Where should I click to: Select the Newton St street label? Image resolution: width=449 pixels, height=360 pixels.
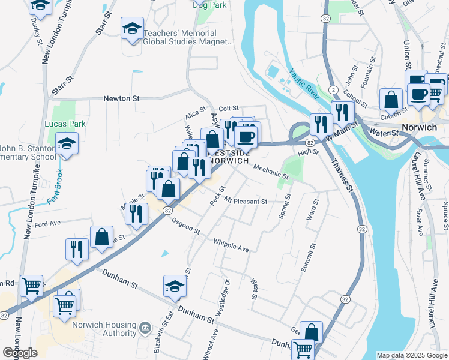click(121, 98)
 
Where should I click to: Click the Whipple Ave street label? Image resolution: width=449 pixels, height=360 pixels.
click(231, 245)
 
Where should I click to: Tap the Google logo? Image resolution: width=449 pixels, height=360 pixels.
click(20, 353)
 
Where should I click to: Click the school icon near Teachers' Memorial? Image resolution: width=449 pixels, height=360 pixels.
click(132, 28)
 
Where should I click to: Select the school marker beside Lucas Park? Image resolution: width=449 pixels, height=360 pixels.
click(67, 144)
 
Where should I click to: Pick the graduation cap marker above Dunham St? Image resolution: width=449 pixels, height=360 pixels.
click(175, 286)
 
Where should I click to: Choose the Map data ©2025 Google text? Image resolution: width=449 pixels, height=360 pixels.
click(412, 355)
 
